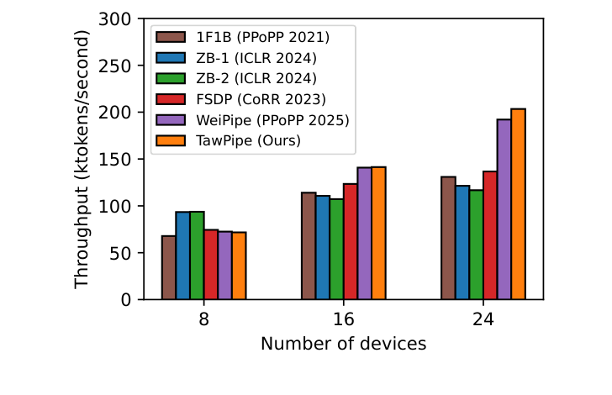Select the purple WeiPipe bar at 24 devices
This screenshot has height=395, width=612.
pyautogui.click(x=504, y=209)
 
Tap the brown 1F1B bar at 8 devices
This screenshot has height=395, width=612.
pyautogui.click(x=169, y=267)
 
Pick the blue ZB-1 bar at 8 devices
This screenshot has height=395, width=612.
pyautogui.click(x=182, y=255)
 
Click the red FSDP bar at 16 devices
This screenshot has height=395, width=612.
pyautogui.click(x=350, y=242)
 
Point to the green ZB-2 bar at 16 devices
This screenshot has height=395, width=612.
pyautogui.click(x=336, y=249)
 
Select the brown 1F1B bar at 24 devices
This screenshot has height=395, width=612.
pyautogui.click(x=448, y=238)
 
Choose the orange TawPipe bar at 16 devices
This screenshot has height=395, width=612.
pyautogui.click(x=378, y=233)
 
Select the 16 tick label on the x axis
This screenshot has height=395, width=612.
pyautogui.click(x=343, y=319)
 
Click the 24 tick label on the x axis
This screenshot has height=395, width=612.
pyautogui.click(x=483, y=319)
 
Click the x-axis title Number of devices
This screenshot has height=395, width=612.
pyautogui.click(x=343, y=344)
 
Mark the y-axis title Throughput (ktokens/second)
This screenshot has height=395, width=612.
pyautogui.click(x=82, y=159)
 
